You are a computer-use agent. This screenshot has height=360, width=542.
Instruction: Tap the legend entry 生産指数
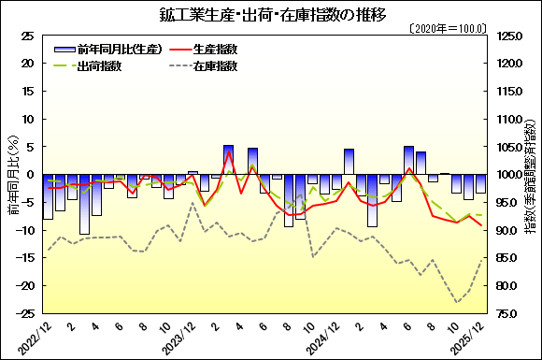click(x=217, y=48)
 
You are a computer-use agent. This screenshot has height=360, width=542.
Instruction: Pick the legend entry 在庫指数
click(x=217, y=66)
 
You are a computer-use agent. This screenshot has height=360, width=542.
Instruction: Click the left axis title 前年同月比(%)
click(x=13, y=175)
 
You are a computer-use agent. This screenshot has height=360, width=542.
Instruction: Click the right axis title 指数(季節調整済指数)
click(x=531, y=175)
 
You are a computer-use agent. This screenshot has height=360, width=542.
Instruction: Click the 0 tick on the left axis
click(x=31, y=175)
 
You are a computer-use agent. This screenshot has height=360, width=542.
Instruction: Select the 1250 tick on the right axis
click(x=511, y=36)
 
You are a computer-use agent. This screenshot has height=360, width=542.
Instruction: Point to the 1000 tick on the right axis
click(x=511, y=175)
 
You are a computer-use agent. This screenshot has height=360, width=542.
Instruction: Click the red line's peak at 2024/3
click(x=228, y=152)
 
